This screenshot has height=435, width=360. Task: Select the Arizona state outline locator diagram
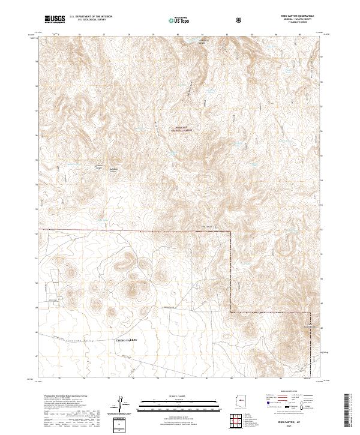[242, 400]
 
